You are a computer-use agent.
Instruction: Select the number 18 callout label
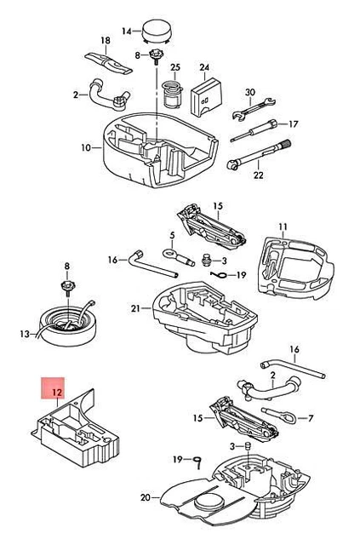coord(106,41)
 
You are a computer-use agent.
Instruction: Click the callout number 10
coord(85,147)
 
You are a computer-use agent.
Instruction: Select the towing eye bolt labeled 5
coord(174,253)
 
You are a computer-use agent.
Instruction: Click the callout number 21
coord(134,308)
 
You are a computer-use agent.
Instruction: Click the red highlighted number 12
coord(57,392)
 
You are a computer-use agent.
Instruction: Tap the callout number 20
coord(144,496)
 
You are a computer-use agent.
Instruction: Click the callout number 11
coord(283,227)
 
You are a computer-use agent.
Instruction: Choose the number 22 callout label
coord(259,175)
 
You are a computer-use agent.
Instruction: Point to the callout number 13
coord(25,334)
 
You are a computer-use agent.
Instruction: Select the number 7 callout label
coord(310,418)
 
